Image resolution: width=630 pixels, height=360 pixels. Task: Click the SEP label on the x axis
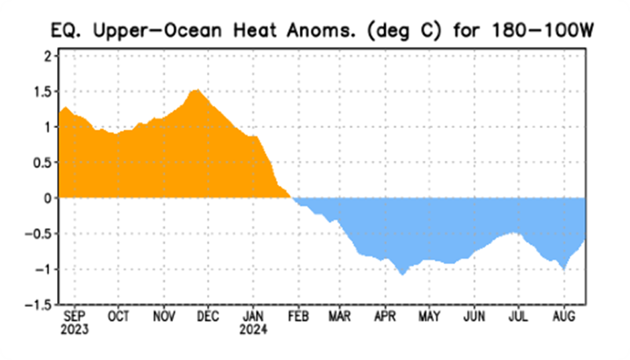tap(74, 316)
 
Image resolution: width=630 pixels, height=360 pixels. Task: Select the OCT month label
tap(119, 316)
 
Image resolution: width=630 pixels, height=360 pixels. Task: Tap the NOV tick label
tap(164, 316)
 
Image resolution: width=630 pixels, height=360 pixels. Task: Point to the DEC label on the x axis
tap(208, 316)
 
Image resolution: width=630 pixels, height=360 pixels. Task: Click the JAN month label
tap(253, 316)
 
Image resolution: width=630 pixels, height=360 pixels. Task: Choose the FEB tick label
tap(298, 316)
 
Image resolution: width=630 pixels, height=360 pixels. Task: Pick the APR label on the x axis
tap(385, 316)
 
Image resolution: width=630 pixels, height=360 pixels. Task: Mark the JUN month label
tap(474, 316)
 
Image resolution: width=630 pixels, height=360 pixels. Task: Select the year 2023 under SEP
tap(74, 330)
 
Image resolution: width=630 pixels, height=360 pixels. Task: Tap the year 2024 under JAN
tap(253, 330)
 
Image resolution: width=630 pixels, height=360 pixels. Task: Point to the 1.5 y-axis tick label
tap(41, 91)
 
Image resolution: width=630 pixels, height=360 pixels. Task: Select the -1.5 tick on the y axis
tap(36, 305)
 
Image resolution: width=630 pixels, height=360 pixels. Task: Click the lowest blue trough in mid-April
tap(402, 274)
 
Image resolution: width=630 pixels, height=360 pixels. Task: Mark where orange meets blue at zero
tap(292, 198)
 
